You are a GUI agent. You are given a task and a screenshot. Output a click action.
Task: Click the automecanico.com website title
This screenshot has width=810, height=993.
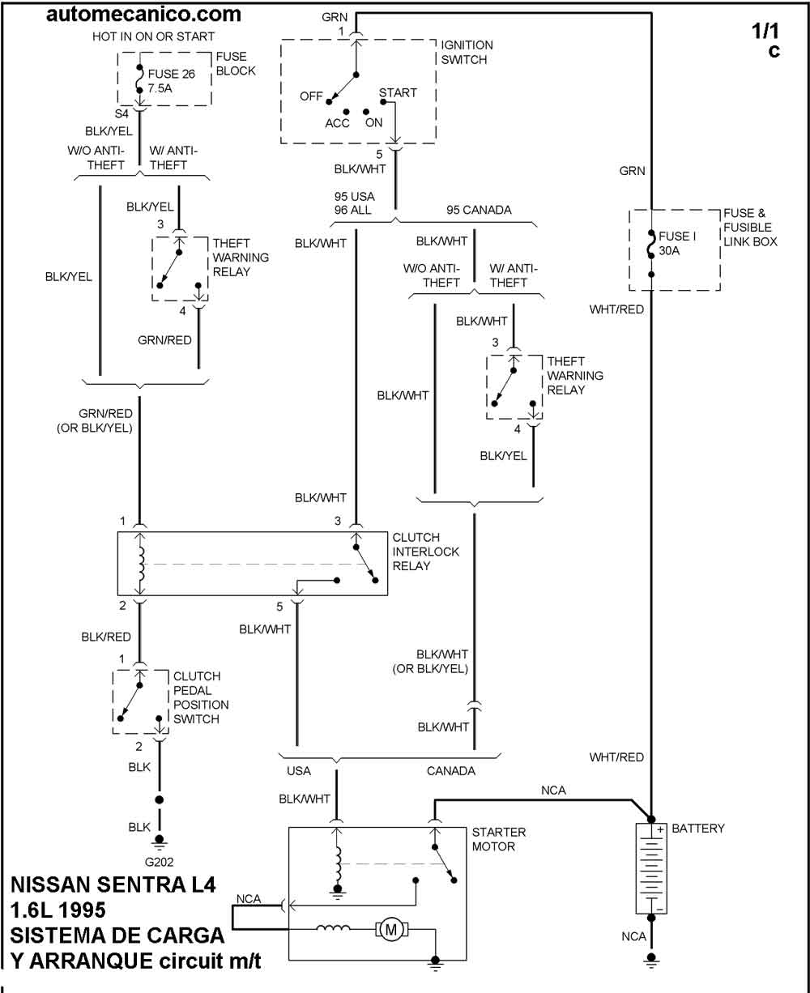(x=143, y=14)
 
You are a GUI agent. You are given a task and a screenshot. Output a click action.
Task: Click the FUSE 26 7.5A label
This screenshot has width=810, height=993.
(x=172, y=81)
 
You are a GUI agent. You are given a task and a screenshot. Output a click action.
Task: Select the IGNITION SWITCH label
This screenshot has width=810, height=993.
(x=467, y=52)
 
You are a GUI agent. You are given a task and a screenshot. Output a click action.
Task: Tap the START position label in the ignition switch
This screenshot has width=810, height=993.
(x=398, y=92)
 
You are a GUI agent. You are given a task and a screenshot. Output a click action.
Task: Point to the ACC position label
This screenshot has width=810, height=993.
(x=337, y=123)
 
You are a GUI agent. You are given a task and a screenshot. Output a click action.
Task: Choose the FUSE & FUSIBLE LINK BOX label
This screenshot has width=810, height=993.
(x=750, y=228)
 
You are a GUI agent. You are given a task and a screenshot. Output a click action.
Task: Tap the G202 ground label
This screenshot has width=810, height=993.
(x=160, y=862)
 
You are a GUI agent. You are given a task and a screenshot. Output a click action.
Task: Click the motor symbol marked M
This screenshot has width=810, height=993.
(x=391, y=931)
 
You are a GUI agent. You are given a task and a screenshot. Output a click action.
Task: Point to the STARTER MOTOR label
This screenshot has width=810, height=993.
(x=499, y=839)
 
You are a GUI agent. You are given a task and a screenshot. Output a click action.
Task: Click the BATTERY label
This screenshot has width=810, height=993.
(x=698, y=829)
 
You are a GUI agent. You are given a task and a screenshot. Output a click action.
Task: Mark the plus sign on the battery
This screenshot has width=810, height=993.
(x=660, y=829)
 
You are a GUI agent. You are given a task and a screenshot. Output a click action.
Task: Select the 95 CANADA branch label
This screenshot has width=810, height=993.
(x=479, y=210)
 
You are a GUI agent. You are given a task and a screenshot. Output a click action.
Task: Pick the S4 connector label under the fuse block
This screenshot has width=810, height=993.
(x=122, y=113)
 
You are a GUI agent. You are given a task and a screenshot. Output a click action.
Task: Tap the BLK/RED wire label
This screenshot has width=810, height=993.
(x=106, y=637)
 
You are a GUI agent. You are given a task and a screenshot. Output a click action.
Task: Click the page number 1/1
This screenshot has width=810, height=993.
(x=765, y=32)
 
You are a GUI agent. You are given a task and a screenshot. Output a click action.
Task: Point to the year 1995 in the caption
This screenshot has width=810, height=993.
(x=79, y=908)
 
